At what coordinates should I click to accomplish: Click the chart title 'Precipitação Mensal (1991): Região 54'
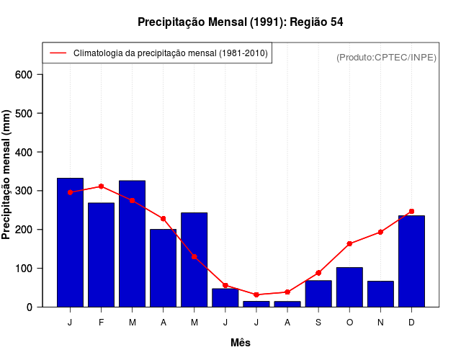click(240, 22)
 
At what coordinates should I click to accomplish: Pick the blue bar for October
click(349, 287)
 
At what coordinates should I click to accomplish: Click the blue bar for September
click(318, 293)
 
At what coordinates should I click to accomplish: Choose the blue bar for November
click(380, 294)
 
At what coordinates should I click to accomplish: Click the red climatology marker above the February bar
click(101, 186)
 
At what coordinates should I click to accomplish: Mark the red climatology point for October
click(349, 243)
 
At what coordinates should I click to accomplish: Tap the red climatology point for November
click(380, 232)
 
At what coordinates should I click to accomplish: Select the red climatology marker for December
click(411, 211)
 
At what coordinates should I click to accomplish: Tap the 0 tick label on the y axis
click(30, 307)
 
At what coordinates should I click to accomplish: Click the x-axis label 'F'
click(101, 323)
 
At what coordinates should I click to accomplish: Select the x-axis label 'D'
click(411, 323)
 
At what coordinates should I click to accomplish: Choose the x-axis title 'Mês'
click(241, 343)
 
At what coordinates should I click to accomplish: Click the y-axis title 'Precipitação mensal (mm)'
click(7, 175)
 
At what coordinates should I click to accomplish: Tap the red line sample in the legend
click(58, 53)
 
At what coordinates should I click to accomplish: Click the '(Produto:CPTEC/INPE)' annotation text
click(386, 57)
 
